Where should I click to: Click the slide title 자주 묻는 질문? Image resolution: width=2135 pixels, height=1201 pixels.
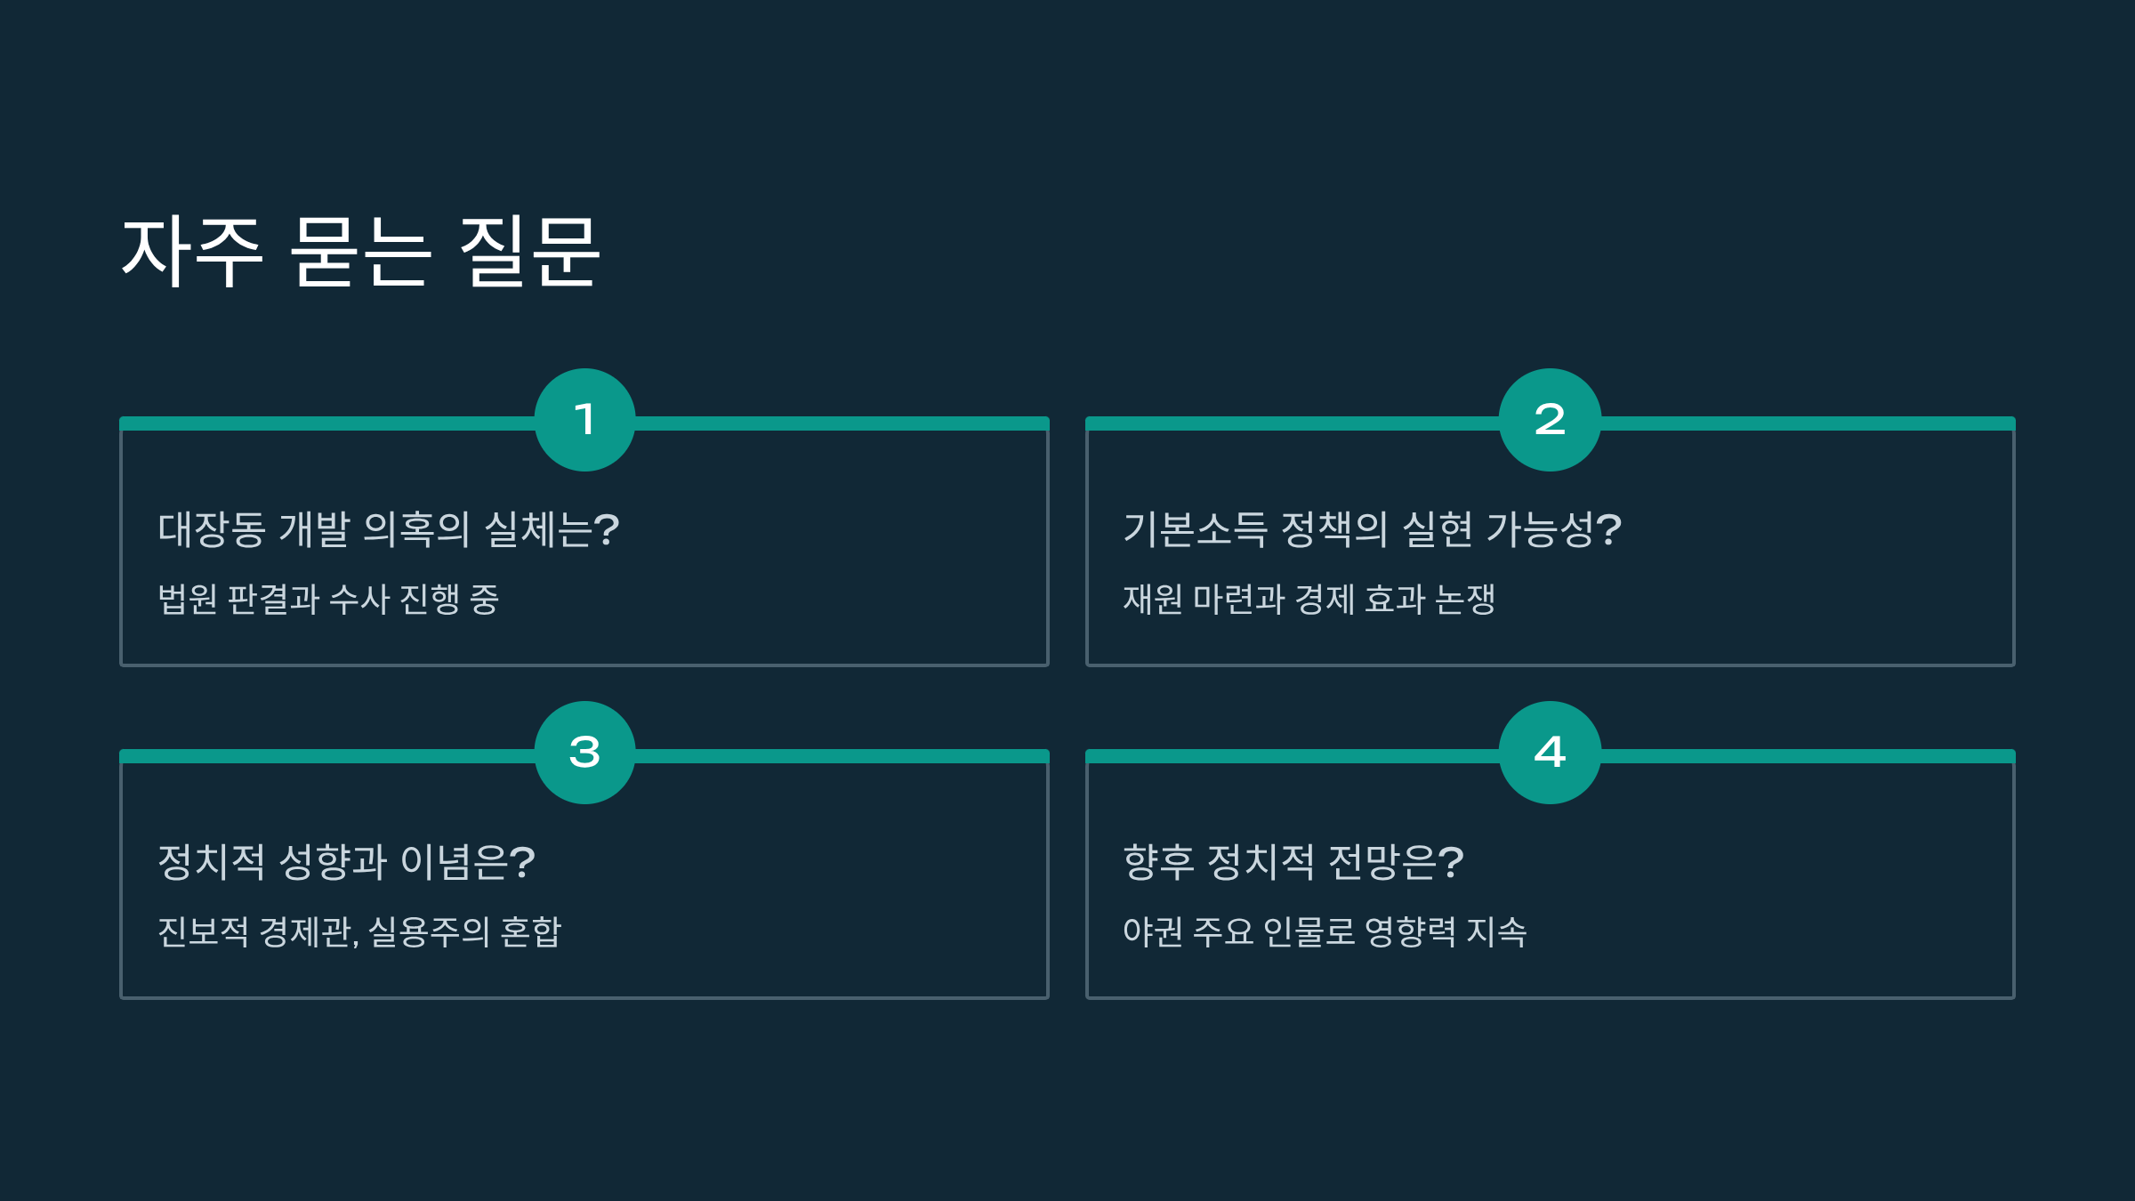point(360,252)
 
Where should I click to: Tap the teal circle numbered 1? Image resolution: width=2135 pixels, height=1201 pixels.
point(584,420)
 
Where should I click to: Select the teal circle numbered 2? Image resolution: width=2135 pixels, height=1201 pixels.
point(1550,420)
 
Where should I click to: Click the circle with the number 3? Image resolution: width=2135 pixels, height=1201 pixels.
point(584,753)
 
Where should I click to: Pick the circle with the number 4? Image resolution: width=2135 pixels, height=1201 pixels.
point(1550,753)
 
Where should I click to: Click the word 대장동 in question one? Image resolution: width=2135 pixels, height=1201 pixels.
point(212,530)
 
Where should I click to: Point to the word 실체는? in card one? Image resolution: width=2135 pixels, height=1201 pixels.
point(552,530)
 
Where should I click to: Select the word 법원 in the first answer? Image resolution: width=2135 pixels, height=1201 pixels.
point(187,599)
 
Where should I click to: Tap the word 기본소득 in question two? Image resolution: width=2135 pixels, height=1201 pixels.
point(1195,530)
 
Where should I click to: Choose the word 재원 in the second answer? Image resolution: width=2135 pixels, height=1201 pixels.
point(1152,599)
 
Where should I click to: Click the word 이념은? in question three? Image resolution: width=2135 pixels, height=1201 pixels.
point(468,862)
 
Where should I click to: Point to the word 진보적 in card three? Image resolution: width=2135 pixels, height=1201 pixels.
point(203,931)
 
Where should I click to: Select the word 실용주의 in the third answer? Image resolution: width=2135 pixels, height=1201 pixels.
point(429,931)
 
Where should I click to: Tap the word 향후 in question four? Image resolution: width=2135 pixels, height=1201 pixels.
point(1158,862)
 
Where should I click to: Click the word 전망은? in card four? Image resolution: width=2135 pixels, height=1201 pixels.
point(1396,862)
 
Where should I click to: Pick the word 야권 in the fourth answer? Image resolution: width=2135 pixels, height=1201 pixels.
point(1152,931)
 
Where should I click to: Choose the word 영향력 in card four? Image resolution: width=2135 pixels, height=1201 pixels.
point(1410,931)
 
